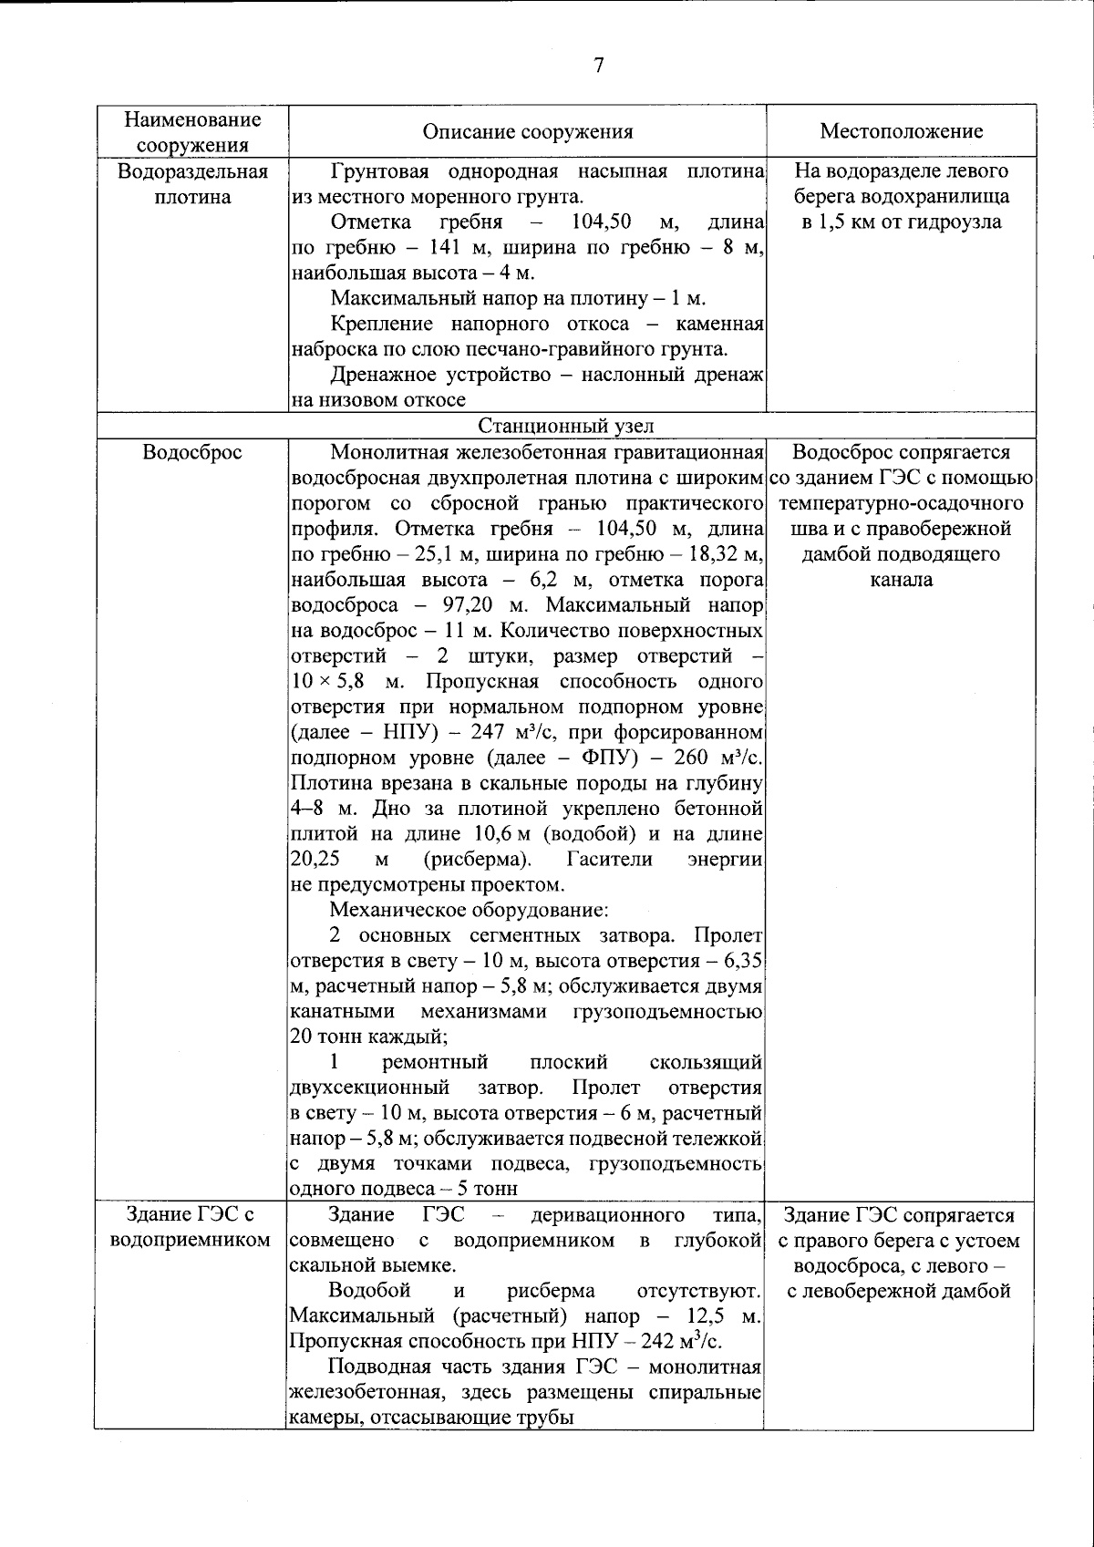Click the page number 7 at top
pyautogui.click(x=599, y=65)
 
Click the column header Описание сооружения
pyautogui.click(x=528, y=131)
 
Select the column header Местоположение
pyautogui.click(x=901, y=131)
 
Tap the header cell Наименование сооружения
pyautogui.click(x=192, y=131)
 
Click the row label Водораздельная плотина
pyautogui.click(x=192, y=183)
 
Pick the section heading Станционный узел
pyautogui.click(x=565, y=426)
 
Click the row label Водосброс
pyautogui.click(x=192, y=453)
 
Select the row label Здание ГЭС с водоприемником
pyautogui.click(x=192, y=1227)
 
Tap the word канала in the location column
pyautogui.click(x=901, y=580)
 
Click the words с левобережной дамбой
pyautogui.click(x=899, y=1291)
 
